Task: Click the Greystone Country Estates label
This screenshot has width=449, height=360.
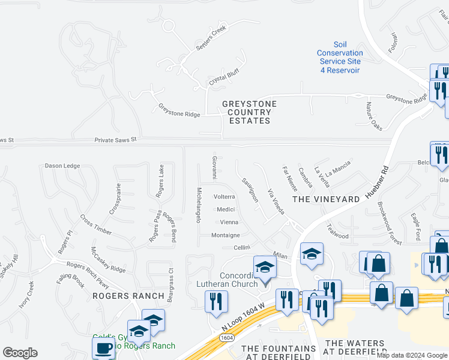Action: [x=249, y=112]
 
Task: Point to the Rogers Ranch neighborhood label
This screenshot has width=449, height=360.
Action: [x=128, y=296]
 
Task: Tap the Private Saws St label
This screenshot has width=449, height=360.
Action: [x=116, y=140]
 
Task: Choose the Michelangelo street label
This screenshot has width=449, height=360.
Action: [x=198, y=204]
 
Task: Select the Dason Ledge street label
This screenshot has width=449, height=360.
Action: [x=62, y=166]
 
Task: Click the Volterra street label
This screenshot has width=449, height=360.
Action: [x=224, y=197]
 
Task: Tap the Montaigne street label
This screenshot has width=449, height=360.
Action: [x=226, y=235]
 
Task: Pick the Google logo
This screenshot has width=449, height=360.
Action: [x=20, y=353]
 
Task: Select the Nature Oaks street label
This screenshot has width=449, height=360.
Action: [x=374, y=115]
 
